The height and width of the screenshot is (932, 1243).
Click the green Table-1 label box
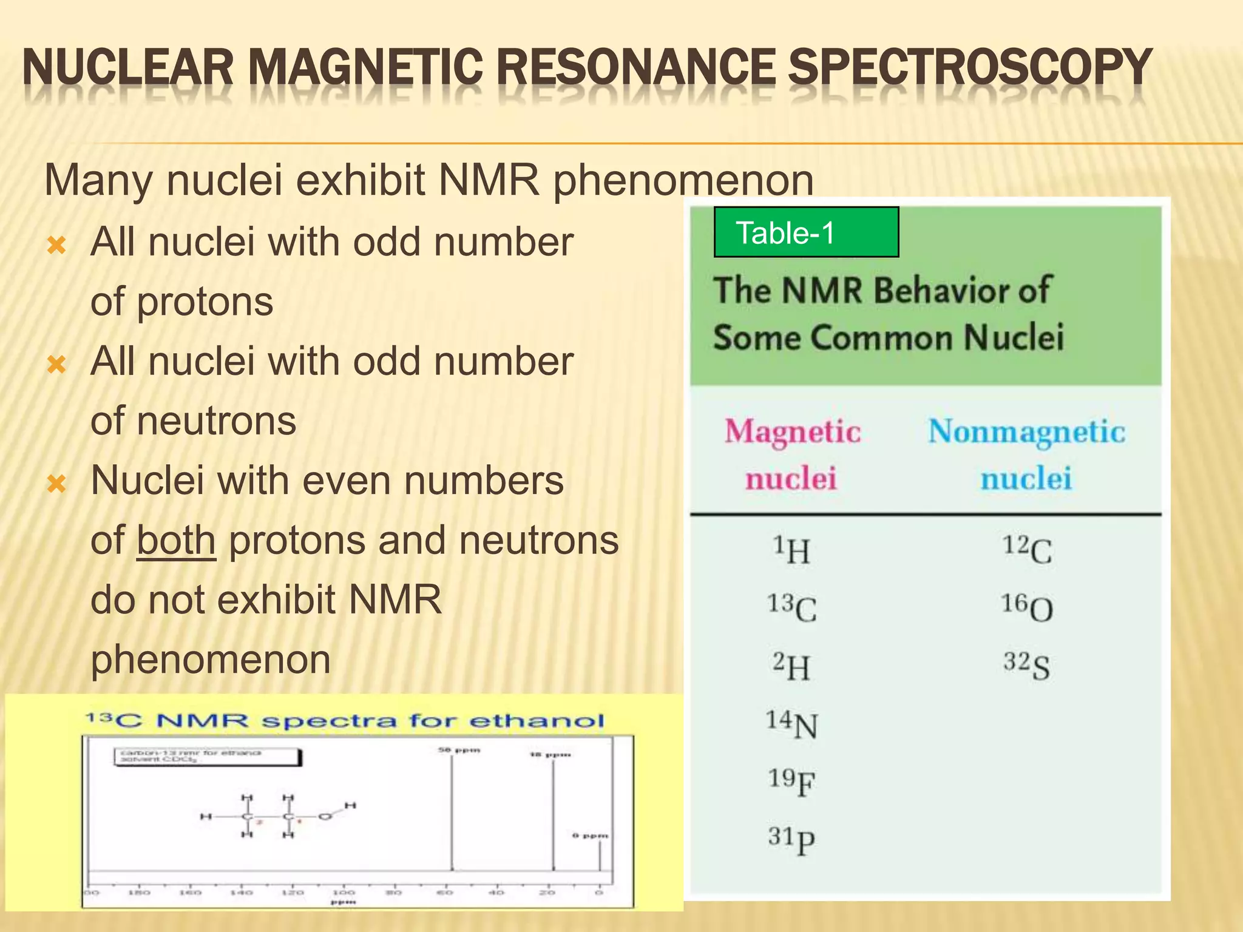point(806,232)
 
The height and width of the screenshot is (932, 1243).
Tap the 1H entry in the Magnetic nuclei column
point(791,550)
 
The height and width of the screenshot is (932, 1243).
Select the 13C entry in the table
point(791,608)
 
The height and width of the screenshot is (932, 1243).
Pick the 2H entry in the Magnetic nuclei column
point(791,666)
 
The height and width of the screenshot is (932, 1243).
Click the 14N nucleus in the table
point(791,724)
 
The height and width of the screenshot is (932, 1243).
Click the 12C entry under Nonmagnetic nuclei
point(1027,550)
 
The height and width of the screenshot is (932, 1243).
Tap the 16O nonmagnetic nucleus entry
point(1027,607)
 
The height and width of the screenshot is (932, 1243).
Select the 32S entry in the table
point(1027,666)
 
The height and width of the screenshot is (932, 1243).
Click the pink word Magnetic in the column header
point(793,432)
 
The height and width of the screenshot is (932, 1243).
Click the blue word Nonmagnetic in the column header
point(1026,432)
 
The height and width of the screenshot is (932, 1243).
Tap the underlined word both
point(176,540)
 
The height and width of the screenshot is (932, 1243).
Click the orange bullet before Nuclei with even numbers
point(56,484)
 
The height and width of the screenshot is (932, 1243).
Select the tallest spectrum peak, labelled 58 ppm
point(452,813)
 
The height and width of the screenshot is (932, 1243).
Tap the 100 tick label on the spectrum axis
point(344,893)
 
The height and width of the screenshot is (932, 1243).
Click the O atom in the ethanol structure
point(325,817)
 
